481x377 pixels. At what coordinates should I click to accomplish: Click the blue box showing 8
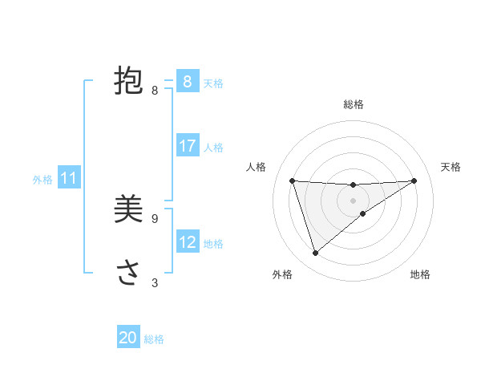tap(187, 81)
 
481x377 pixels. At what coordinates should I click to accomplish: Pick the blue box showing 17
tap(187, 146)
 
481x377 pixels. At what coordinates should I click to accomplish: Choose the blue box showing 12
tap(187, 241)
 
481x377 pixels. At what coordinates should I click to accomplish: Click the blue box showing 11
tap(69, 178)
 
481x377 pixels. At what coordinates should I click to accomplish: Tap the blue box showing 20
tap(128, 338)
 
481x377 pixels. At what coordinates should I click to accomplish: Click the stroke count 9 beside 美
tap(155, 218)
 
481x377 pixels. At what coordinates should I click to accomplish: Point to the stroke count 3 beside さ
tap(155, 282)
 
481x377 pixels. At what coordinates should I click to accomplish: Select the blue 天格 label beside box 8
tap(213, 83)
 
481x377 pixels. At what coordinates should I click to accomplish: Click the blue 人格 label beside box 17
tap(213, 148)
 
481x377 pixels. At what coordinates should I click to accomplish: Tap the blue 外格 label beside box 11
tap(42, 180)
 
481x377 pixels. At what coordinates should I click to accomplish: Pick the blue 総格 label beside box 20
tap(154, 339)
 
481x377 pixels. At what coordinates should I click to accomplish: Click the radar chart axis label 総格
tap(354, 104)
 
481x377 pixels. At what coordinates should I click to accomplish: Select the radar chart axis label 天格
tap(451, 167)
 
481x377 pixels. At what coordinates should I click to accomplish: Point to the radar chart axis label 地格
tap(420, 275)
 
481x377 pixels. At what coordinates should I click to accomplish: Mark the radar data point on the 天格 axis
tap(414, 180)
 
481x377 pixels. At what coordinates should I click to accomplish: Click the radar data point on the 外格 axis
tap(316, 253)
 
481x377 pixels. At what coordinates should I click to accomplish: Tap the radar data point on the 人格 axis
tap(292, 180)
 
